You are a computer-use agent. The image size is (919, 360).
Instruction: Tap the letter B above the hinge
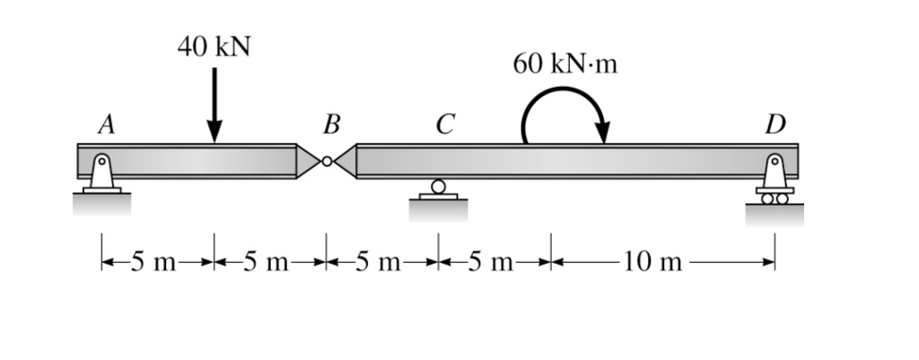point(329,126)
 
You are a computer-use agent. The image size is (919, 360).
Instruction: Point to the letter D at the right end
point(775,126)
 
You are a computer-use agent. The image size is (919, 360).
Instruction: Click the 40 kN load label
point(214,48)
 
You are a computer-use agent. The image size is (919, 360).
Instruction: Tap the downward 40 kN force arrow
point(214,108)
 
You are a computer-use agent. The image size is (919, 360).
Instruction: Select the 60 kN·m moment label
point(565,65)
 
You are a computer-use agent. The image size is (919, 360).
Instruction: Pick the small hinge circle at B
point(328,162)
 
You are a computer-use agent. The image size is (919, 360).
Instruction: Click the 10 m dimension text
point(660,262)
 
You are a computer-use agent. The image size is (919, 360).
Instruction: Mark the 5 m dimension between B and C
point(382,262)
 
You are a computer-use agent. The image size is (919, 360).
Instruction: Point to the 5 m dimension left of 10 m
point(494,262)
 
